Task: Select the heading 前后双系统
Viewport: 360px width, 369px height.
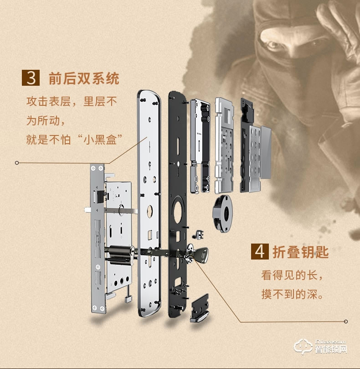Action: point(83,78)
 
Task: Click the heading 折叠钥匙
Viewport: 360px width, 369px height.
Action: point(300,252)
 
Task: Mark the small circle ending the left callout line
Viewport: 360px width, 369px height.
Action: point(17,162)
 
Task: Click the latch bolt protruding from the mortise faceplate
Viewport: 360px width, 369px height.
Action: point(87,210)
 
